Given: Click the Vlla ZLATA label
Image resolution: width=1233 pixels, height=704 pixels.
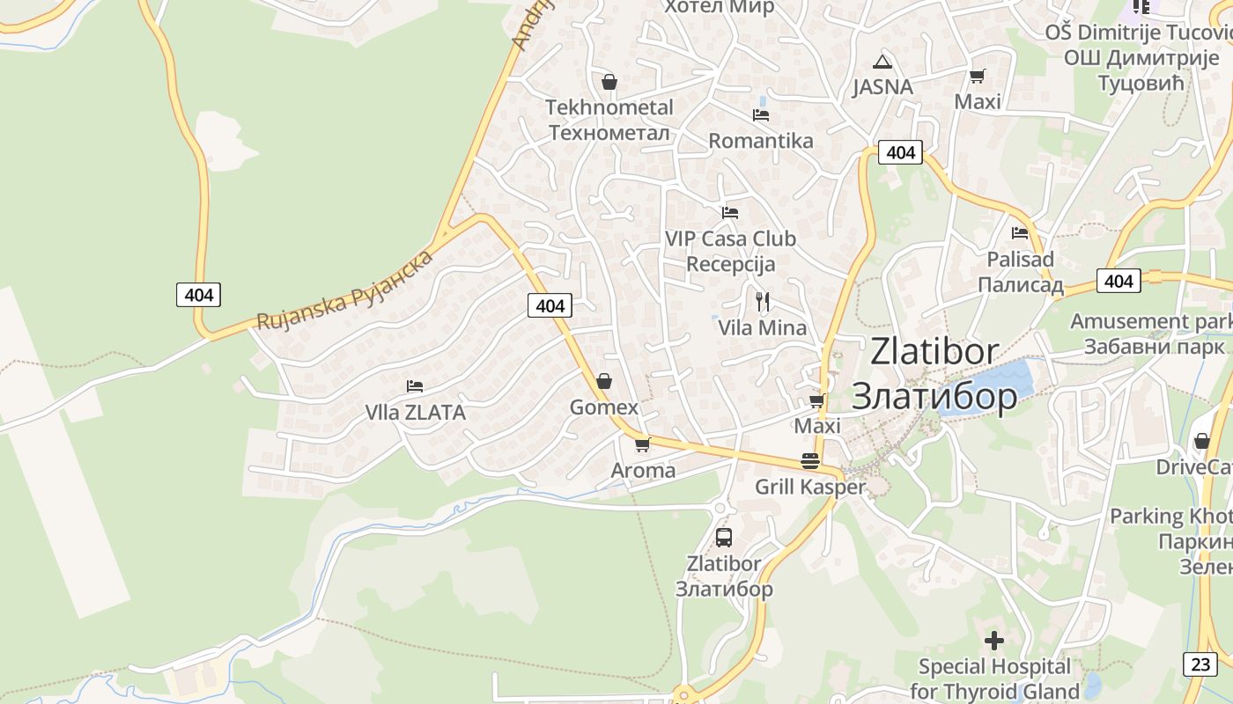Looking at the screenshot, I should [415, 412].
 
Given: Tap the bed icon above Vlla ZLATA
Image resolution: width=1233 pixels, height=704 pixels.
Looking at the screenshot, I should [415, 386].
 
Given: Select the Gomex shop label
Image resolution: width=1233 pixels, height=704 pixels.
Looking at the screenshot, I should [603, 407].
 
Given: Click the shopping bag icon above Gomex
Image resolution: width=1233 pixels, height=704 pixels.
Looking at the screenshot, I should [604, 381].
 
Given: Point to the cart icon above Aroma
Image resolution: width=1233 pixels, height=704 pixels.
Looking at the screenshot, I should [642, 444].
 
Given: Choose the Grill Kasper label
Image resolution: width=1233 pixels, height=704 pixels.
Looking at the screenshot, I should [809, 487].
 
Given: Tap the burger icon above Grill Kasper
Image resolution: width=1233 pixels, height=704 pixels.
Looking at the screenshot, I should [810, 461].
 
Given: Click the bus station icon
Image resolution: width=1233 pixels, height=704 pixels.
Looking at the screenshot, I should [723, 537].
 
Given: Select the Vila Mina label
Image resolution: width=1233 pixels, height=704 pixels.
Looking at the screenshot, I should [762, 328].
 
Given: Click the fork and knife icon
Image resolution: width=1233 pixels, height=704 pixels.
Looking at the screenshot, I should [763, 302].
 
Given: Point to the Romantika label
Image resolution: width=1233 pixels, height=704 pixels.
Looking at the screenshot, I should [761, 141].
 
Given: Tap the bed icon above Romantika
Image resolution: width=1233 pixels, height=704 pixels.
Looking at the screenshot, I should [761, 115].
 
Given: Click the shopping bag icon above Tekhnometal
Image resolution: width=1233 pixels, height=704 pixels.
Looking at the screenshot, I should [609, 83].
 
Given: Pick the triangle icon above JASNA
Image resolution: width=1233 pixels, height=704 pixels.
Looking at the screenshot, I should [882, 62].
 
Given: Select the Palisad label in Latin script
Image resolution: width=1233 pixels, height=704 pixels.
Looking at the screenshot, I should [1020, 260].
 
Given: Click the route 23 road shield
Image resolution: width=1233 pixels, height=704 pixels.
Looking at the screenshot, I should [1200, 664].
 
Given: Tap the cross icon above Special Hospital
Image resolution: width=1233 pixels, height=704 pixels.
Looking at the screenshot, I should [994, 641].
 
